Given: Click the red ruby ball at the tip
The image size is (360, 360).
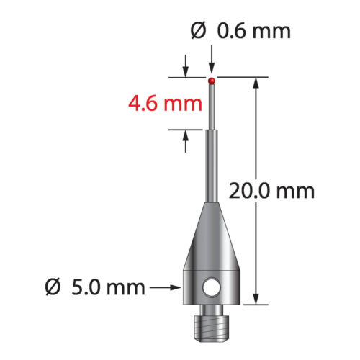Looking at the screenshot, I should point(212,80).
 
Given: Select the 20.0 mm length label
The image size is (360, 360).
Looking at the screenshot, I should point(271,191).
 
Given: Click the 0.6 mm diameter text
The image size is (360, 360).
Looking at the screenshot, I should point(250,31).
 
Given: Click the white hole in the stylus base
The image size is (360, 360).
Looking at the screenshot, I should point(210,288).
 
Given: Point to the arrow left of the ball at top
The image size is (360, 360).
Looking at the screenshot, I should point(186,71).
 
